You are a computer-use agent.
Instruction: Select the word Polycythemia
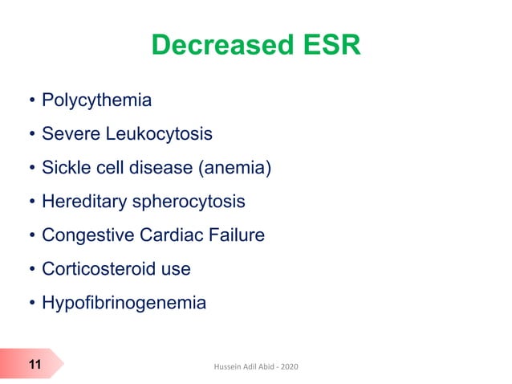(97, 101)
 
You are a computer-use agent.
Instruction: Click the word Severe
(69, 135)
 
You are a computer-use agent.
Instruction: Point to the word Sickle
(67, 169)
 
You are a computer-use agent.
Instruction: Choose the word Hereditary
(81, 202)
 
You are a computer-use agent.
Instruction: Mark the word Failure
(236, 235)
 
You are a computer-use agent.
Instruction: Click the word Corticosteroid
(95, 269)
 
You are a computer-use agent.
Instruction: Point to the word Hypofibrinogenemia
(124, 304)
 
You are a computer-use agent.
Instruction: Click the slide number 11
(35, 366)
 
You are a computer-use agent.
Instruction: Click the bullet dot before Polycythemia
(31, 102)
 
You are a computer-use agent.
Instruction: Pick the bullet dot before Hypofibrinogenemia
(31, 304)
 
